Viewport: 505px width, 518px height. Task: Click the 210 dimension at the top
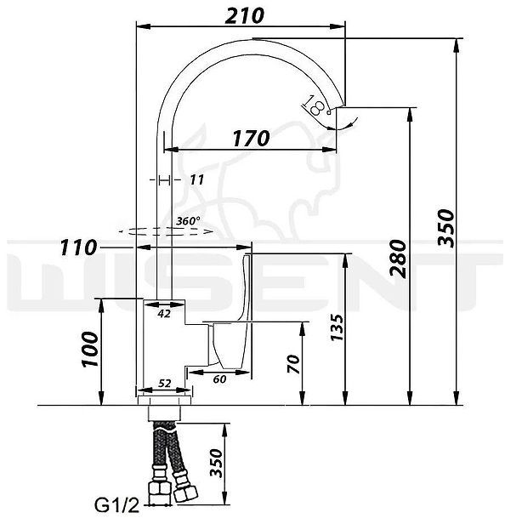pos(244,16)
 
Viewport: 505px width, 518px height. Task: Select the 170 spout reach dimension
pos(251,138)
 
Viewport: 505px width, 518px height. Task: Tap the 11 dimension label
pos(197,180)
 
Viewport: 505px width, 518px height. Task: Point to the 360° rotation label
pos(188,220)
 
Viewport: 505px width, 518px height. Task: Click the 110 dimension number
pos(78,248)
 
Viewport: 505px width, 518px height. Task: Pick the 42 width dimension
pos(164,314)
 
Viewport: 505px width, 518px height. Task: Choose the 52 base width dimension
pos(164,384)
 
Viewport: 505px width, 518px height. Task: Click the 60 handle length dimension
pos(219,379)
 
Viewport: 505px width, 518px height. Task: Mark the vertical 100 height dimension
pos(90,350)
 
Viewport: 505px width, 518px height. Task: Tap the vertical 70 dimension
pos(293,364)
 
